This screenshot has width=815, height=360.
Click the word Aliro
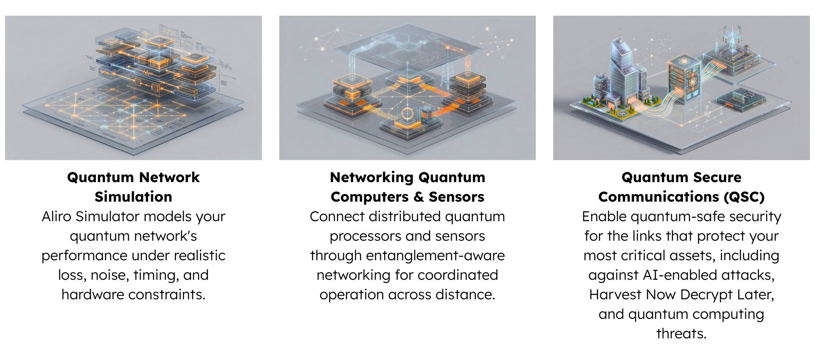tap(56, 217)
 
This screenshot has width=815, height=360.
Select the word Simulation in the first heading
tap(133, 197)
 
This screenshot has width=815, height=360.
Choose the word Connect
tap(337, 217)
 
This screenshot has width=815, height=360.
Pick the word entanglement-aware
tap(435, 256)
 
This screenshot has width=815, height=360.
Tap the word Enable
tap(604, 217)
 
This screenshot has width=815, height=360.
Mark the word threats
tap(681, 334)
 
